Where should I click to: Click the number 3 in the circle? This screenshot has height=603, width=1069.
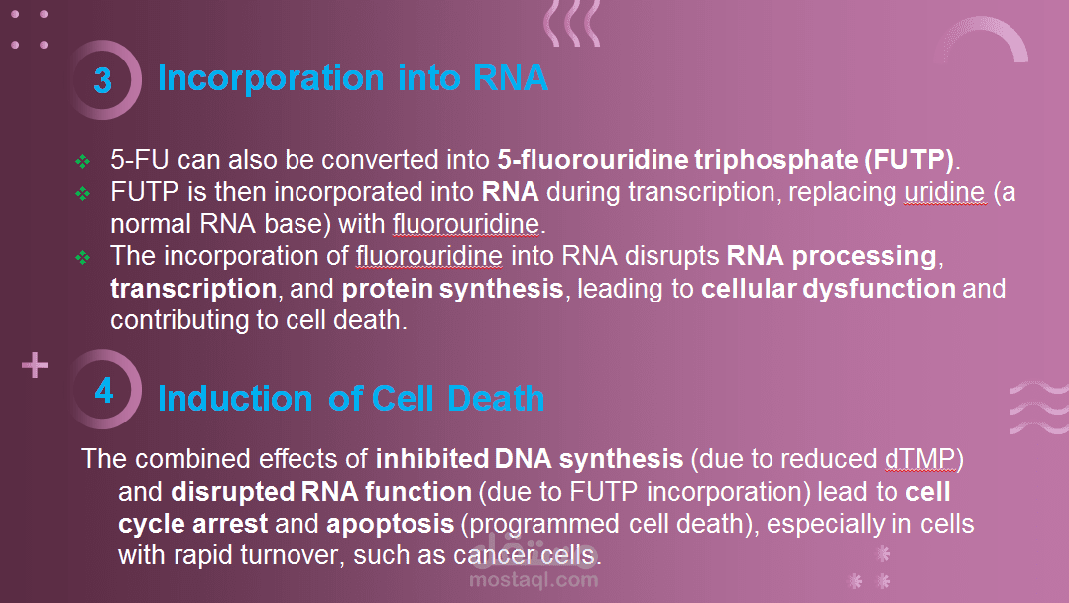tap(103, 80)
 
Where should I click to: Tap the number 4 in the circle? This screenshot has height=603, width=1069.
tap(104, 390)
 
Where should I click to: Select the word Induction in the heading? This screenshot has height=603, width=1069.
tap(235, 399)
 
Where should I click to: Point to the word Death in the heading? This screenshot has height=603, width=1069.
tap(496, 399)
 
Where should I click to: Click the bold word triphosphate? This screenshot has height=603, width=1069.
tap(775, 161)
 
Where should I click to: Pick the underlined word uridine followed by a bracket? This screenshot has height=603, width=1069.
tap(945, 192)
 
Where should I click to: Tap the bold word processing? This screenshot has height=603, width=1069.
tap(864, 257)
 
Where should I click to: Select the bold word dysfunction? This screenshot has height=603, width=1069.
tap(879, 289)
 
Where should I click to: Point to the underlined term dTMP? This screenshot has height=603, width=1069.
tap(919, 459)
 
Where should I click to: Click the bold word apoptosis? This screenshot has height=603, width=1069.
tap(390, 525)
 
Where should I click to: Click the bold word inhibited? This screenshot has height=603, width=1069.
tap(431, 459)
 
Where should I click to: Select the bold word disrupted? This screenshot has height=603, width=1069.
tap(232, 492)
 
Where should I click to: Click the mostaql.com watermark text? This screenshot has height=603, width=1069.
tap(534, 580)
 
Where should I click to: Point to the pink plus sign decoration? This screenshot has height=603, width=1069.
tap(35, 366)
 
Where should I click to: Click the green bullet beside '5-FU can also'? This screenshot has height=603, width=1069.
tap(82, 162)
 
